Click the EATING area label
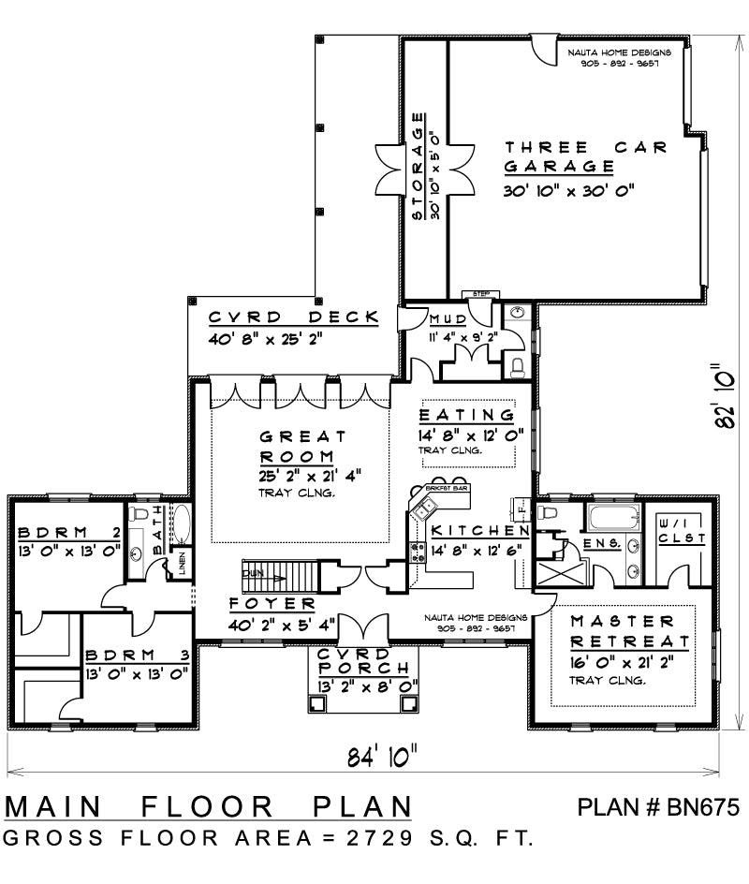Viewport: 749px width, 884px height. coord(466,415)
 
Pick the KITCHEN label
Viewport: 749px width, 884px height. coord(479,531)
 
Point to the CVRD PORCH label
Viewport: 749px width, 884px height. coord(361,661)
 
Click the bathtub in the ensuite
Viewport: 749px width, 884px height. coord(610,517)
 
